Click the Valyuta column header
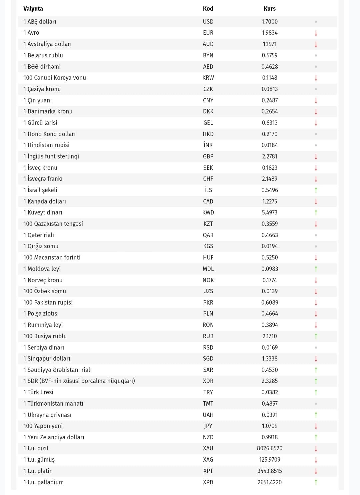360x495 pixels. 33,9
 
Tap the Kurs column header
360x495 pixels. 269,9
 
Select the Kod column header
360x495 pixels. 208,9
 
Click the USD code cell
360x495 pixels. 208,22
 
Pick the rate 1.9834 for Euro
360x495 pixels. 269,33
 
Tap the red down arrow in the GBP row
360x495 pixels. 316,156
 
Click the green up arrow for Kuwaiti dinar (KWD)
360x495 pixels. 316,212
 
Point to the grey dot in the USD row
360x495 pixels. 316,22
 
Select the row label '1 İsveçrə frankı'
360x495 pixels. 43,179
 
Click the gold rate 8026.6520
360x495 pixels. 269,448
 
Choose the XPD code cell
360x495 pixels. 208,482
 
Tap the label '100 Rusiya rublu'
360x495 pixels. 45,336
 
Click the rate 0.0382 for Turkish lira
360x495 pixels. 269,392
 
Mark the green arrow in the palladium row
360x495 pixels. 316,482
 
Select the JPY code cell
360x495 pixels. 208,426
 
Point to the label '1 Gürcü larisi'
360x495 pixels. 40,123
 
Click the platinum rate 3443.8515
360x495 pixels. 269,471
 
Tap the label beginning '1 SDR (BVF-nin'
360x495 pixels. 79,381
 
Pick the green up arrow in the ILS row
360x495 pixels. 316,190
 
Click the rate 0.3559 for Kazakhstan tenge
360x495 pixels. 269,224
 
